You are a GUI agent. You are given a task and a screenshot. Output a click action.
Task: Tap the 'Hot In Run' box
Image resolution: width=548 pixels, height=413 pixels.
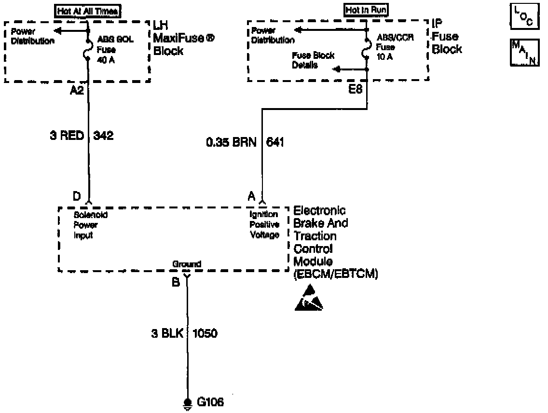tap(367, 10)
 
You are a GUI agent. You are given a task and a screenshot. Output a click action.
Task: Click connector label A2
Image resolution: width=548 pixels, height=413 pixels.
tap(77, 90)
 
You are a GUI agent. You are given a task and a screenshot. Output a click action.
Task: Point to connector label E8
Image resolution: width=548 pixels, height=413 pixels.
tap(356, 90)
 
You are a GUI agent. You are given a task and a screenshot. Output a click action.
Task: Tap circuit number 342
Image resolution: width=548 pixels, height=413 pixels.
tap(103, 136)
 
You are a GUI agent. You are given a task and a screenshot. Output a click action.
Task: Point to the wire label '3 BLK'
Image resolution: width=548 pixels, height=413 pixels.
tap(167, 333)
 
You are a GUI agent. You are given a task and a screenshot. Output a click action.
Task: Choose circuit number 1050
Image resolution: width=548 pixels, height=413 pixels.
tap(205, 333)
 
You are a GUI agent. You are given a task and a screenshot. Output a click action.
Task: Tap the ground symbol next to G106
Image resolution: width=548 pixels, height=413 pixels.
tap(187, 404)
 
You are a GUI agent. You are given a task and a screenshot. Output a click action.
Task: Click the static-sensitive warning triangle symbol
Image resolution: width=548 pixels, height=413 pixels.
tap(309, 298)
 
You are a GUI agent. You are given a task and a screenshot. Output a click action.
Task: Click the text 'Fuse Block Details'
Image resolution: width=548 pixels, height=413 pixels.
tap(312, 60)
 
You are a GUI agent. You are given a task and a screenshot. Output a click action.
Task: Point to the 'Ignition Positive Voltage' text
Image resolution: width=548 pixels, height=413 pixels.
tap(264, 224)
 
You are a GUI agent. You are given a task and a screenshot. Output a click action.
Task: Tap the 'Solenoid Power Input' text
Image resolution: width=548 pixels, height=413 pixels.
tap(90, 225)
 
